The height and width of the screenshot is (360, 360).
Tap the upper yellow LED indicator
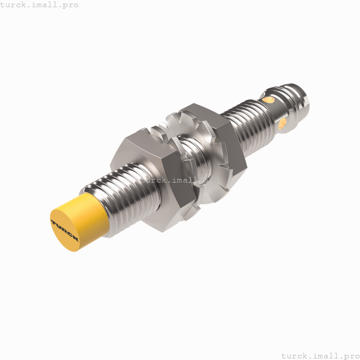click(x=265, y=98)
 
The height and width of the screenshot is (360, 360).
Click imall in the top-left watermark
click(x=45, y=5)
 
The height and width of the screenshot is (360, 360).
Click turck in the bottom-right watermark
click(x=295, y=355)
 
